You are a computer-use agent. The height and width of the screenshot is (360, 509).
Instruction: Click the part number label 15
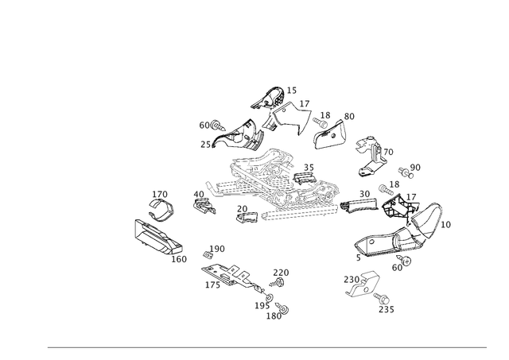pyautogui.click(x=292, y=91)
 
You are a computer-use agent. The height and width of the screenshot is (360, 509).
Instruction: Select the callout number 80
pyautogui.click(x=349, y=117)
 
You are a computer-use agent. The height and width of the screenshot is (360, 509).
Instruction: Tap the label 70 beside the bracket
pyautogui.click(x=388, y=152)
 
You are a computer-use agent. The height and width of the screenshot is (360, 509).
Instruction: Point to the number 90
pyautogui.click(x=415, y=168)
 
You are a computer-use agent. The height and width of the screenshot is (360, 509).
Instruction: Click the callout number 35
pyautogui.click(x=309, y=168)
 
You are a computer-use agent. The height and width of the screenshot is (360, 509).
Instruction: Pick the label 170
pyautogui.click(x=160, y=194)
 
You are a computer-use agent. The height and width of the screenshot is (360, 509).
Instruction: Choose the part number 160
pyautogui.click(x=179, y=259)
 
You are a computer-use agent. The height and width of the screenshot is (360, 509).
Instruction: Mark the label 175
pyautogui.click(x=212, y=285)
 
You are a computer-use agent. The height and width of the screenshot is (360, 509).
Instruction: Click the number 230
pyautogui.click(x=352, y=279)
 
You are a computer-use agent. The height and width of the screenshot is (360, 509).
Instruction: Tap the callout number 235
pyautogui.click(x=387, y=309)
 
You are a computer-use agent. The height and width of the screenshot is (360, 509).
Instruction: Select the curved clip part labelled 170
pyautogui.click(x=161, y=209)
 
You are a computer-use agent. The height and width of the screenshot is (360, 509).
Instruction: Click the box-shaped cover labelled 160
pyautogui.click(x=158, y=237)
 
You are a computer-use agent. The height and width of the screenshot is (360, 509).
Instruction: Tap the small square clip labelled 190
pyautogui.click(x=207, y=255)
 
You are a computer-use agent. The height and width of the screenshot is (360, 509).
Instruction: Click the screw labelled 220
pyautogui.click(x=278, y=283)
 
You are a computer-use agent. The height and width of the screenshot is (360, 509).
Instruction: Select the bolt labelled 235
pyautogui.click(x=382, y=297)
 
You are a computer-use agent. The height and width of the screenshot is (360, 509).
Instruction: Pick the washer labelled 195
pyautogui.click(x=269, y=297)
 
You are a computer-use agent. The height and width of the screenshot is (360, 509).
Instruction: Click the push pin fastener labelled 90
pyautogui.click(x=406, y=172)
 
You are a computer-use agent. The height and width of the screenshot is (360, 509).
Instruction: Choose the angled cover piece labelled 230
pyautogui.click(x=362, y=285)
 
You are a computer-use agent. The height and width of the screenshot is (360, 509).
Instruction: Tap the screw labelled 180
pyautogui.click(x=282, y=308)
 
